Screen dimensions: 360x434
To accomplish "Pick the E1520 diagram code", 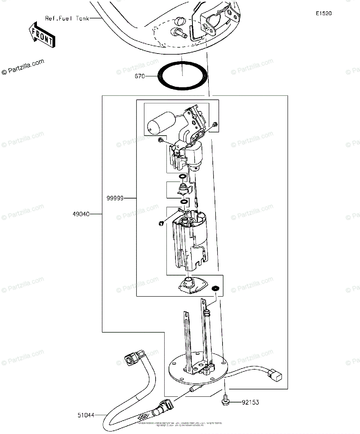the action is (x=323, y=14).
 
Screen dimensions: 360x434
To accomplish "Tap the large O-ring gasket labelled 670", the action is (x=183, y=75).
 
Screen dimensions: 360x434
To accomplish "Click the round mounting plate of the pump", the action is (x=181, y=373).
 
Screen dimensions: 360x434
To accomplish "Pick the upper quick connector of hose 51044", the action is (x=134, y=357).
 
